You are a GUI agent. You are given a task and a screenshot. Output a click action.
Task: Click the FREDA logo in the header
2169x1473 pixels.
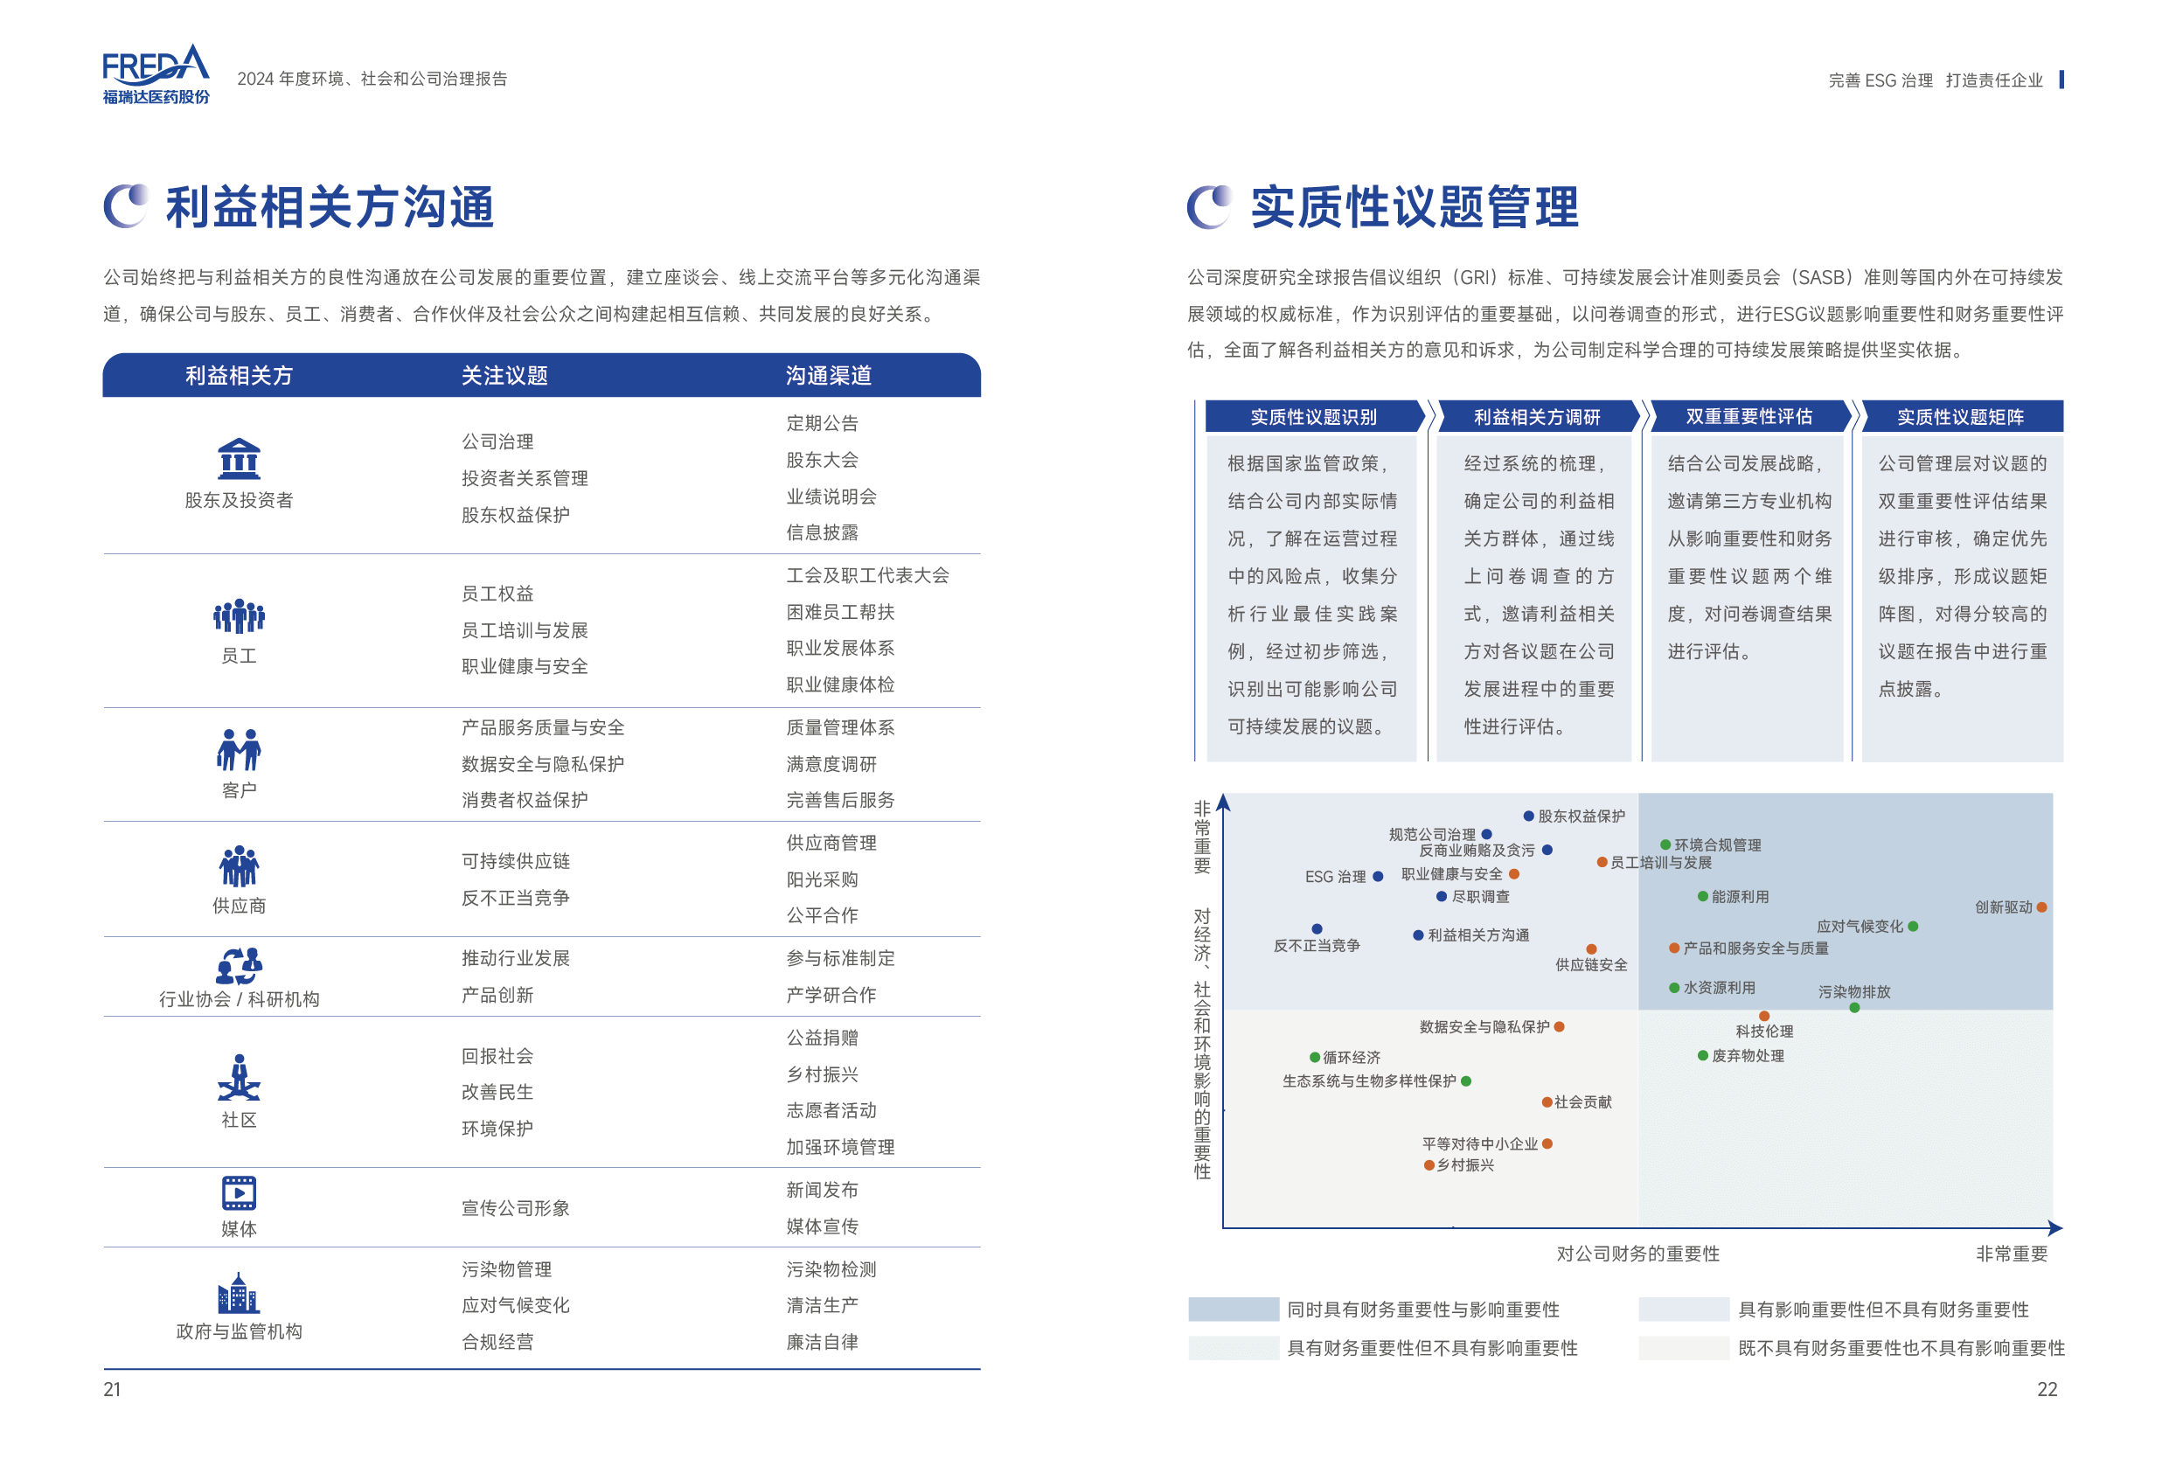click(x=156, y=73)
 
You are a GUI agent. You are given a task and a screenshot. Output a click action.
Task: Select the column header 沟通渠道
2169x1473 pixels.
click(x=828, y=375)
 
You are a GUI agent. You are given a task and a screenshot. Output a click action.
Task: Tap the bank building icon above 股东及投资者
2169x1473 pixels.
click(x=239, y=458)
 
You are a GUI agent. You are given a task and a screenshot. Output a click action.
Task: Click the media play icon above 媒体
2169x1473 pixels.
click(x=239, y=1192)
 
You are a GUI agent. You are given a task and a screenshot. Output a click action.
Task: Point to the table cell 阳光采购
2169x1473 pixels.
click(x=821, y=879)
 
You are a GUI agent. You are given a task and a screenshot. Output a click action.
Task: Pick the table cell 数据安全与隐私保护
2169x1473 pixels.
click(x=542, y=763)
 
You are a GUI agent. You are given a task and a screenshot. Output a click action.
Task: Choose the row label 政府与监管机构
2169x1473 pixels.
click(x=239, y=1331)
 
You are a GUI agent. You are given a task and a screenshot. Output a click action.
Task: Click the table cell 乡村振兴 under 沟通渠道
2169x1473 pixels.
click(x=821, y=1074)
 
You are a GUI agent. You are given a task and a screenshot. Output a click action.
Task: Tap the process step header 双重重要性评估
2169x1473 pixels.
click(x=1748, y=416)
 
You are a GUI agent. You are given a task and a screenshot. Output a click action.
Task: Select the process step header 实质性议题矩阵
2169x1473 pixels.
click(x=1960, y=416)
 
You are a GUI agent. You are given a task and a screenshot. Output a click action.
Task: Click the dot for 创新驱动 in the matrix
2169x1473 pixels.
click(x=2042, y=907)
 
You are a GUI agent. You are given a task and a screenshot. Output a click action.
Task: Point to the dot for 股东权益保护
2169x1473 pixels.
click(x=1529, y=816)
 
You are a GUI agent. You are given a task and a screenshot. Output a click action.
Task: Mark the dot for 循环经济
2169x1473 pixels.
click(x=1315, y=1058)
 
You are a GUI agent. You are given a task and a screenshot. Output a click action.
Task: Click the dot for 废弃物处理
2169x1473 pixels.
click(x=1703, y=1056)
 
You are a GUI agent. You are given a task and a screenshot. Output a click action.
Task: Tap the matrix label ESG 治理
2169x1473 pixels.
click(x=1335, y=877)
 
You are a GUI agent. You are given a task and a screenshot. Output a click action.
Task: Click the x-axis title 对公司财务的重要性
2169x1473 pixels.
click(x=1637, y=1254)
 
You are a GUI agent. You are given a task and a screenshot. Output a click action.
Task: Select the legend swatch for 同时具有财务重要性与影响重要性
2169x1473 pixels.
click(x=1233, y=1310)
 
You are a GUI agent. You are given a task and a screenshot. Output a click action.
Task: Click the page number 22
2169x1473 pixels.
click(x=2047, y=1389)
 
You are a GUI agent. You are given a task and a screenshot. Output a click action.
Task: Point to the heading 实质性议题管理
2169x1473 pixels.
click(x=1414, y=206)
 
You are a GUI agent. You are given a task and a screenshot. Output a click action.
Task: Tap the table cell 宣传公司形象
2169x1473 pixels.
click(x=515, y=1208)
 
